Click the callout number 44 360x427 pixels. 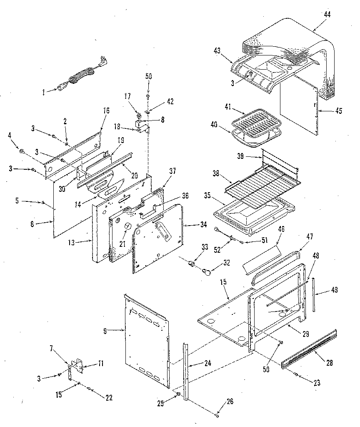coord(327,15)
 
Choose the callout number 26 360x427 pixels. coord(230,402)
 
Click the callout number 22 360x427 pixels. coord(109,397)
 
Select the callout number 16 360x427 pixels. coord(106,111)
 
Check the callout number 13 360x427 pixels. coord(72,242)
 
